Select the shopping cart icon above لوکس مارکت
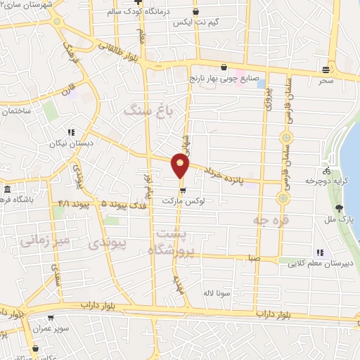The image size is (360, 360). tap(183, 190)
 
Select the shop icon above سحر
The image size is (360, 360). tap(325, 69)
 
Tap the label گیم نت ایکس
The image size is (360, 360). tap(195, 22)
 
